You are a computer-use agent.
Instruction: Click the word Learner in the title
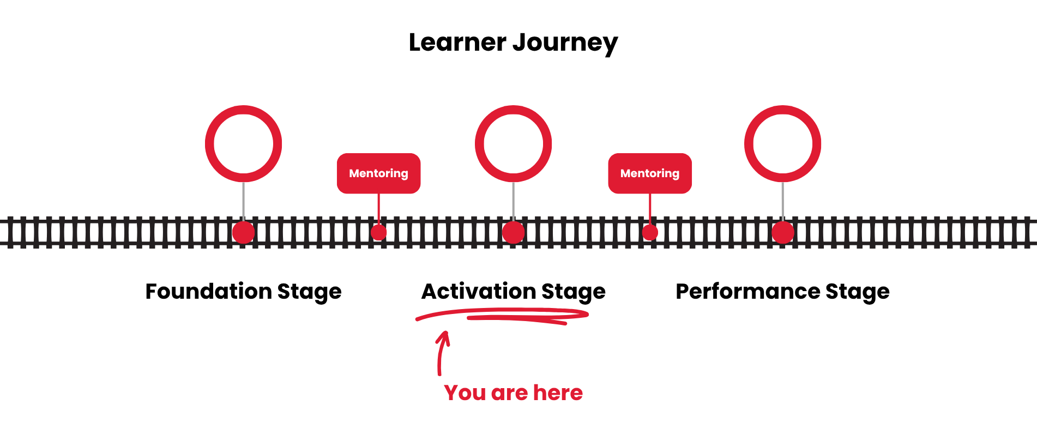click(457, 43)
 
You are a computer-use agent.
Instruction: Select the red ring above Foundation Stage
click(243, 111)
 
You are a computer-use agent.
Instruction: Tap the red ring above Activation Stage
click(513, 111)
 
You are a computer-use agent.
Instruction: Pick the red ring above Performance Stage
click(782, 111)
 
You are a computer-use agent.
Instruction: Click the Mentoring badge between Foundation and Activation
click(378, 173)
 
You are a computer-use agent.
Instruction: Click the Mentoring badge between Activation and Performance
click(650, 173)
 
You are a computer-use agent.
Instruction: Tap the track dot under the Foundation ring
click(243, 233)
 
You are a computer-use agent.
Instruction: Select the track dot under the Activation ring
click(513, 233)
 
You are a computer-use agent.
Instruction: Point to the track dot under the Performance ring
click(782, 233)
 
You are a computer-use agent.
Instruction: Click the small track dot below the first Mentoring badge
click(378, 233)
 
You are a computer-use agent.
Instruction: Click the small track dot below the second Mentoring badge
click(650, 233)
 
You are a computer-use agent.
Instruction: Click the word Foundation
click(208, 292)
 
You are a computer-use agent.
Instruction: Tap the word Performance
click(747, 292)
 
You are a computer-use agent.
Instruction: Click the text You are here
click(513, 393)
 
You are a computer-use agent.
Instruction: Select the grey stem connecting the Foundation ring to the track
click(243, 201)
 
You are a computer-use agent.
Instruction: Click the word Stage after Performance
click(857, 292)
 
